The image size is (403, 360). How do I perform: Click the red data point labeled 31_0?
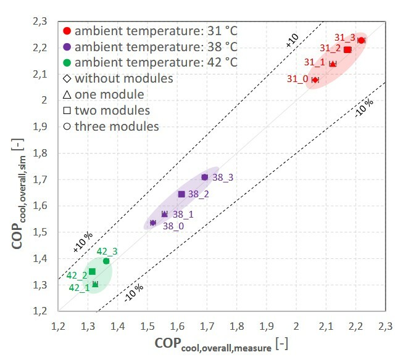[x=315, y=80]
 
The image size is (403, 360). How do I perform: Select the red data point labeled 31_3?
[x=361, y=40]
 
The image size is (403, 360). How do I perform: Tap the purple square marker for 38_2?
[x=181, y=194]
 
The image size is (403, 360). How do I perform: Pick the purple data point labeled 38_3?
[x=205, y=177]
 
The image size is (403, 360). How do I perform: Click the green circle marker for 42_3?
[x=106, y=261]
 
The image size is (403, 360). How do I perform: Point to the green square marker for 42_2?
[x=92, y=271]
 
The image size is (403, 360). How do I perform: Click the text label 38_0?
[x=173, y=226]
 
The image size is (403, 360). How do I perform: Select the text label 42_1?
[x=78, y=287]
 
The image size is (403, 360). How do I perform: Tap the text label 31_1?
[x=314, y=62]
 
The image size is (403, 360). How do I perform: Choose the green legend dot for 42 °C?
[x=67, y=63]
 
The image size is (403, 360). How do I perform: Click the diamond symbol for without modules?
[x=67, y=79]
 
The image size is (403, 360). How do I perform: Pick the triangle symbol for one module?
[x=67, y=95]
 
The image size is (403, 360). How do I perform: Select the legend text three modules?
[x=117, y=127]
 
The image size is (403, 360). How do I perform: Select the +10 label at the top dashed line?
[x=291, y=41]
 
